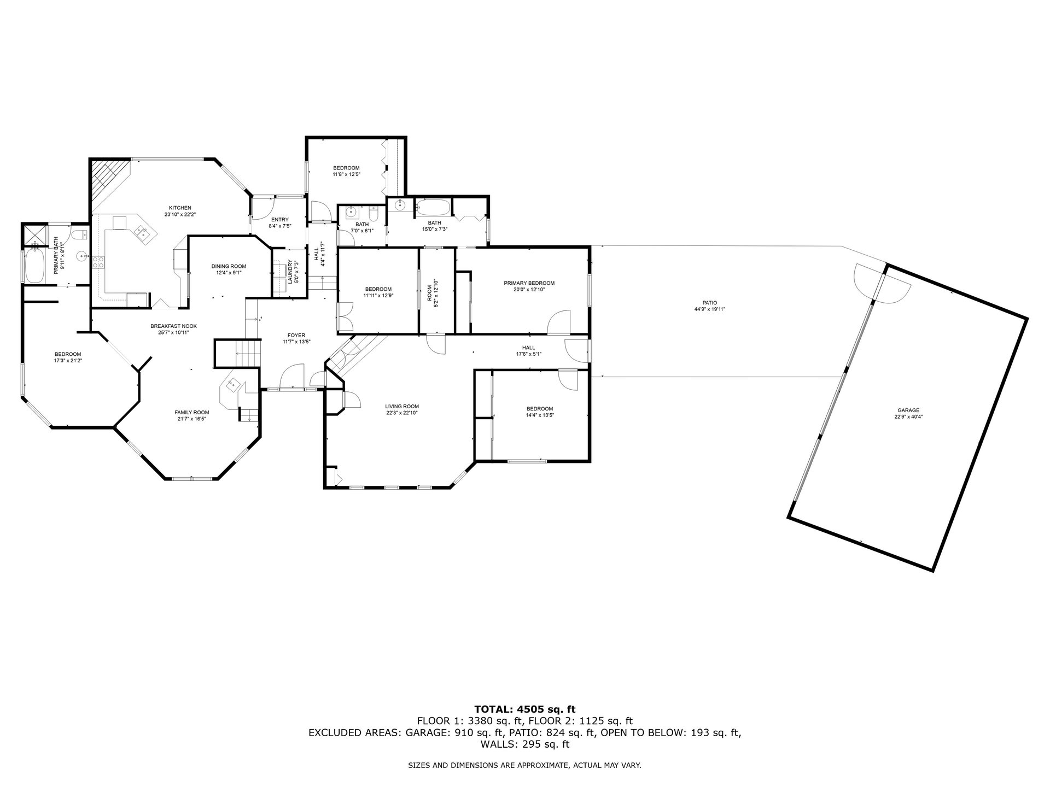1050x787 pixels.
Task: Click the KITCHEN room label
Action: (180, 208)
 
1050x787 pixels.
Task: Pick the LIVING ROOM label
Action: (402, 407)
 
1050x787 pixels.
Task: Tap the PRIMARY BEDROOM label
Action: (529, 283)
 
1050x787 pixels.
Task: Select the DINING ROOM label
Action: (229, 266)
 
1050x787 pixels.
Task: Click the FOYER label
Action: (296, 336)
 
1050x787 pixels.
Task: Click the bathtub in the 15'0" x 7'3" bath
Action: (433, 207)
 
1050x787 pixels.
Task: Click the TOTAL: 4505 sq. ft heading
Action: (524, 710)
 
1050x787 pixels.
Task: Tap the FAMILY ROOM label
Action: (191, 413)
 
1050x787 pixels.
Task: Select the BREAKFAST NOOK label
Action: (173, 326)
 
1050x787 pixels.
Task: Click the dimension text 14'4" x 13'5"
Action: (539, 415)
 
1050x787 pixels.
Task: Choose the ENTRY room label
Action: (279, 220)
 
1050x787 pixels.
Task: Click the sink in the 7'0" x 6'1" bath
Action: (351, 212)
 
